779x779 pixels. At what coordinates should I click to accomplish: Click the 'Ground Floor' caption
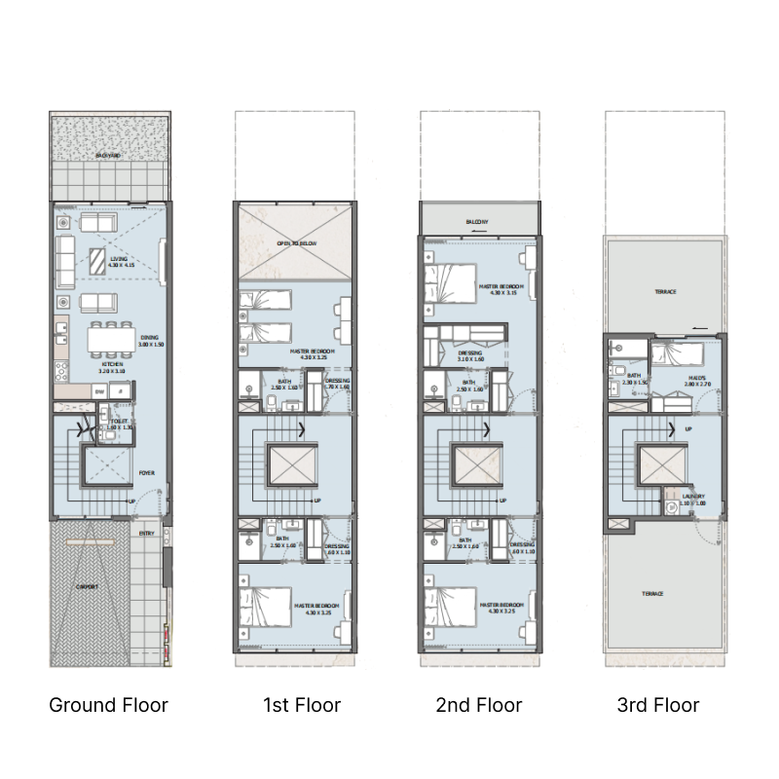point(108,705)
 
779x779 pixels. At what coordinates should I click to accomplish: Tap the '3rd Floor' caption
point(658,705)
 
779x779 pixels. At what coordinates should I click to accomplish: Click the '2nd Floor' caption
point(479,705)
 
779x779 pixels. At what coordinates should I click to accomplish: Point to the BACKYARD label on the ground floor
point(108,155)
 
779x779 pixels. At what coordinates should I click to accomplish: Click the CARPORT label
point(89,588)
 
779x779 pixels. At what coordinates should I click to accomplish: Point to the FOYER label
point(146,474)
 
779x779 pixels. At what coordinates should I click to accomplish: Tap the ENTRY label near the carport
point(146,533)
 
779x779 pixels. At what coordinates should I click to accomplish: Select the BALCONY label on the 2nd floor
point(477,223)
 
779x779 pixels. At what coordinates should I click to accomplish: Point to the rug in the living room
point(99,261)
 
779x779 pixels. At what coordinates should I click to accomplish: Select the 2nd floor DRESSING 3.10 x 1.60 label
point(469,355)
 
